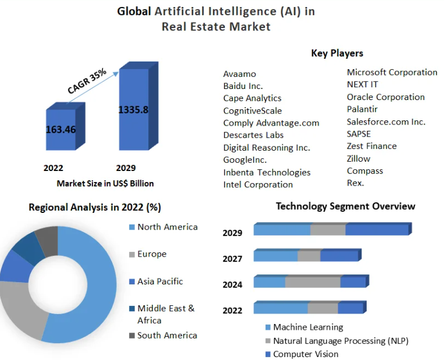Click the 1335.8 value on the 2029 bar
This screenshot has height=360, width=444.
[x=133, y=110]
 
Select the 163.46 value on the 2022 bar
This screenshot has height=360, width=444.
[x=61, y=129]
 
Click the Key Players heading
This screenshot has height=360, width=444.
[x=337, y=54]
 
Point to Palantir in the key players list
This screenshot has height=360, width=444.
[x=362, y=109]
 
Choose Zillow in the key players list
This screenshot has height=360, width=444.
[x=359, y=159]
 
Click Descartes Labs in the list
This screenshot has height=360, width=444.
[x=253, y=136]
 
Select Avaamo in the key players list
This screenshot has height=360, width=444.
[x=239, y=74]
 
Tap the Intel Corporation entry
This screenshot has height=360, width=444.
[x=258, y=184]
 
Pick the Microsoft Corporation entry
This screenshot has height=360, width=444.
[x=392, y=72]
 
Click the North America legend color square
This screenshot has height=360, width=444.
[x=132, y=227]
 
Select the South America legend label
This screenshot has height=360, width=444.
[x=167, y=336]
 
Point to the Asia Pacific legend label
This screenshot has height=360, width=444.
[x=160, y=281]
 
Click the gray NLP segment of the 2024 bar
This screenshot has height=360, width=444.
[x=313, y=282]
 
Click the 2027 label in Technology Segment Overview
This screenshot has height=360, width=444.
[x=232, y=259]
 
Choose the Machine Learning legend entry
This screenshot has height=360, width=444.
[x=308, y=327]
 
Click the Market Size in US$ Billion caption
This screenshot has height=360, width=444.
[x=105, y=184]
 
